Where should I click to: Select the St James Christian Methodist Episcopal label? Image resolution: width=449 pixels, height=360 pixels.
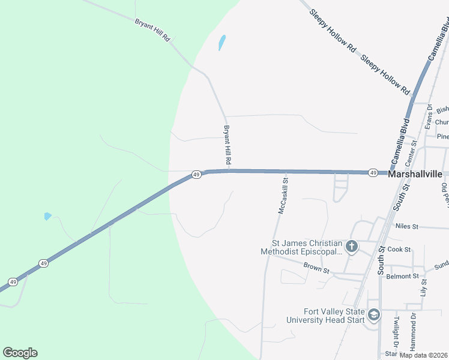301,247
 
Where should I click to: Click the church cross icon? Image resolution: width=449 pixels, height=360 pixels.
352,246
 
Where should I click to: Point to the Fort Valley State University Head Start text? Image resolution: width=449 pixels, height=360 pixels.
333,316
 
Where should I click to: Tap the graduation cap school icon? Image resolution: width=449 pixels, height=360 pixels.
373,315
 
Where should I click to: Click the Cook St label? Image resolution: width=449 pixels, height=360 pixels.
399,249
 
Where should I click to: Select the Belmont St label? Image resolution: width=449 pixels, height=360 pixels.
402,276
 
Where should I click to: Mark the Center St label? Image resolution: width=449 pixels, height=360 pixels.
411,153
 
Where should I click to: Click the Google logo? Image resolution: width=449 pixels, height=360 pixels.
20,353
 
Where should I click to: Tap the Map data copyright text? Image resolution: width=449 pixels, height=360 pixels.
424,355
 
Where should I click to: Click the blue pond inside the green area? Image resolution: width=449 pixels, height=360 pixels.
47,216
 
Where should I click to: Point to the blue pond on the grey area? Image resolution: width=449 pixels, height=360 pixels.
221,43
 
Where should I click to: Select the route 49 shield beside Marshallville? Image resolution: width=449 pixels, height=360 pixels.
373,173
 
